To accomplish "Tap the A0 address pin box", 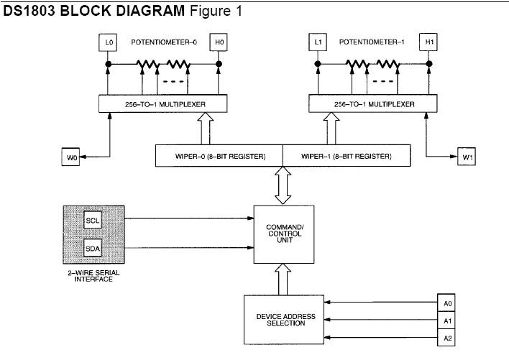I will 447,303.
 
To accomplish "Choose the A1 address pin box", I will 447,320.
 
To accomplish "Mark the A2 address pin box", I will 447,337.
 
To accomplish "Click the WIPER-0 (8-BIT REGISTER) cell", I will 219,156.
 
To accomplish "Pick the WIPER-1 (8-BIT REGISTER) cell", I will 346,156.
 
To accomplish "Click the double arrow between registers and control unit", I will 283,185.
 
